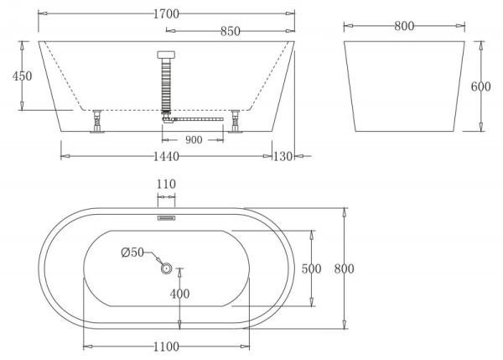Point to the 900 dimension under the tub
194,140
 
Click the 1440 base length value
166,156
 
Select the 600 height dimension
480,87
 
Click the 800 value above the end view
403,26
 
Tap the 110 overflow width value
166,183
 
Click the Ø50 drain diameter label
133,253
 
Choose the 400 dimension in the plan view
179,294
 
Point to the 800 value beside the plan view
344,269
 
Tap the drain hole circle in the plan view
166,269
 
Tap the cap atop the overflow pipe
166,55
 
